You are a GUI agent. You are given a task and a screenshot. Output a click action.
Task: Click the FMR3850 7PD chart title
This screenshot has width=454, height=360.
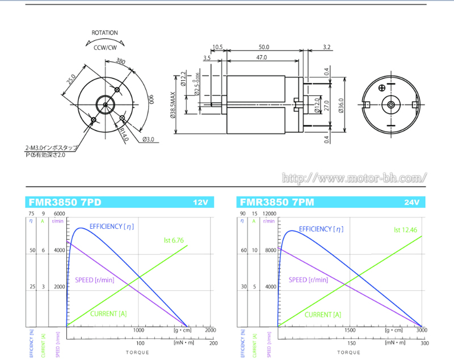[x=65, y=202]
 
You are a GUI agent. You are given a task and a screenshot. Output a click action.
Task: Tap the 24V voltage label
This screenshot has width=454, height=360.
[x=411, y=203]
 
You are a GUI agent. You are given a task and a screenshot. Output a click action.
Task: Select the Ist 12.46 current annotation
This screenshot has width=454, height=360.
[x=405, y=230]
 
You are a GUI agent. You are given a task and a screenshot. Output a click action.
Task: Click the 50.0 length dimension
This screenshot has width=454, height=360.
[x=264, y=47]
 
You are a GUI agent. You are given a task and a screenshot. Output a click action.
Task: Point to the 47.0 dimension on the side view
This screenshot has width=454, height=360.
[x=262, y=58]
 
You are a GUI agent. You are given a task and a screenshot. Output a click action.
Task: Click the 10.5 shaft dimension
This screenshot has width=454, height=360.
[x=218, y=47]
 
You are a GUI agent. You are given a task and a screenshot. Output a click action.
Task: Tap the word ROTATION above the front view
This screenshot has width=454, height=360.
[x=105, y=33]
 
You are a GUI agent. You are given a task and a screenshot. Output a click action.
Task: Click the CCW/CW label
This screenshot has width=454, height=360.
[x=105, y=48]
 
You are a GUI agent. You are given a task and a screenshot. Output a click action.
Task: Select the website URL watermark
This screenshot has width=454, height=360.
[x=354, y=178]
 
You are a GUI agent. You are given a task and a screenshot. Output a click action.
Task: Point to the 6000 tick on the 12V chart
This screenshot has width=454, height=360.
[x=60, y=214]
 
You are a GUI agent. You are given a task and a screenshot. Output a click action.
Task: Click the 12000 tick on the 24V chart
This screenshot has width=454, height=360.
[x=270, y=214]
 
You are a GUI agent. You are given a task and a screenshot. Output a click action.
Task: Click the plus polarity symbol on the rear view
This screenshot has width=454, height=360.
[x=382, y=87]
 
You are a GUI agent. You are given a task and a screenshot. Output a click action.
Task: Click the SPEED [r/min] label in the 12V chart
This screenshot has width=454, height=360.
[x=95, y=279]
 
